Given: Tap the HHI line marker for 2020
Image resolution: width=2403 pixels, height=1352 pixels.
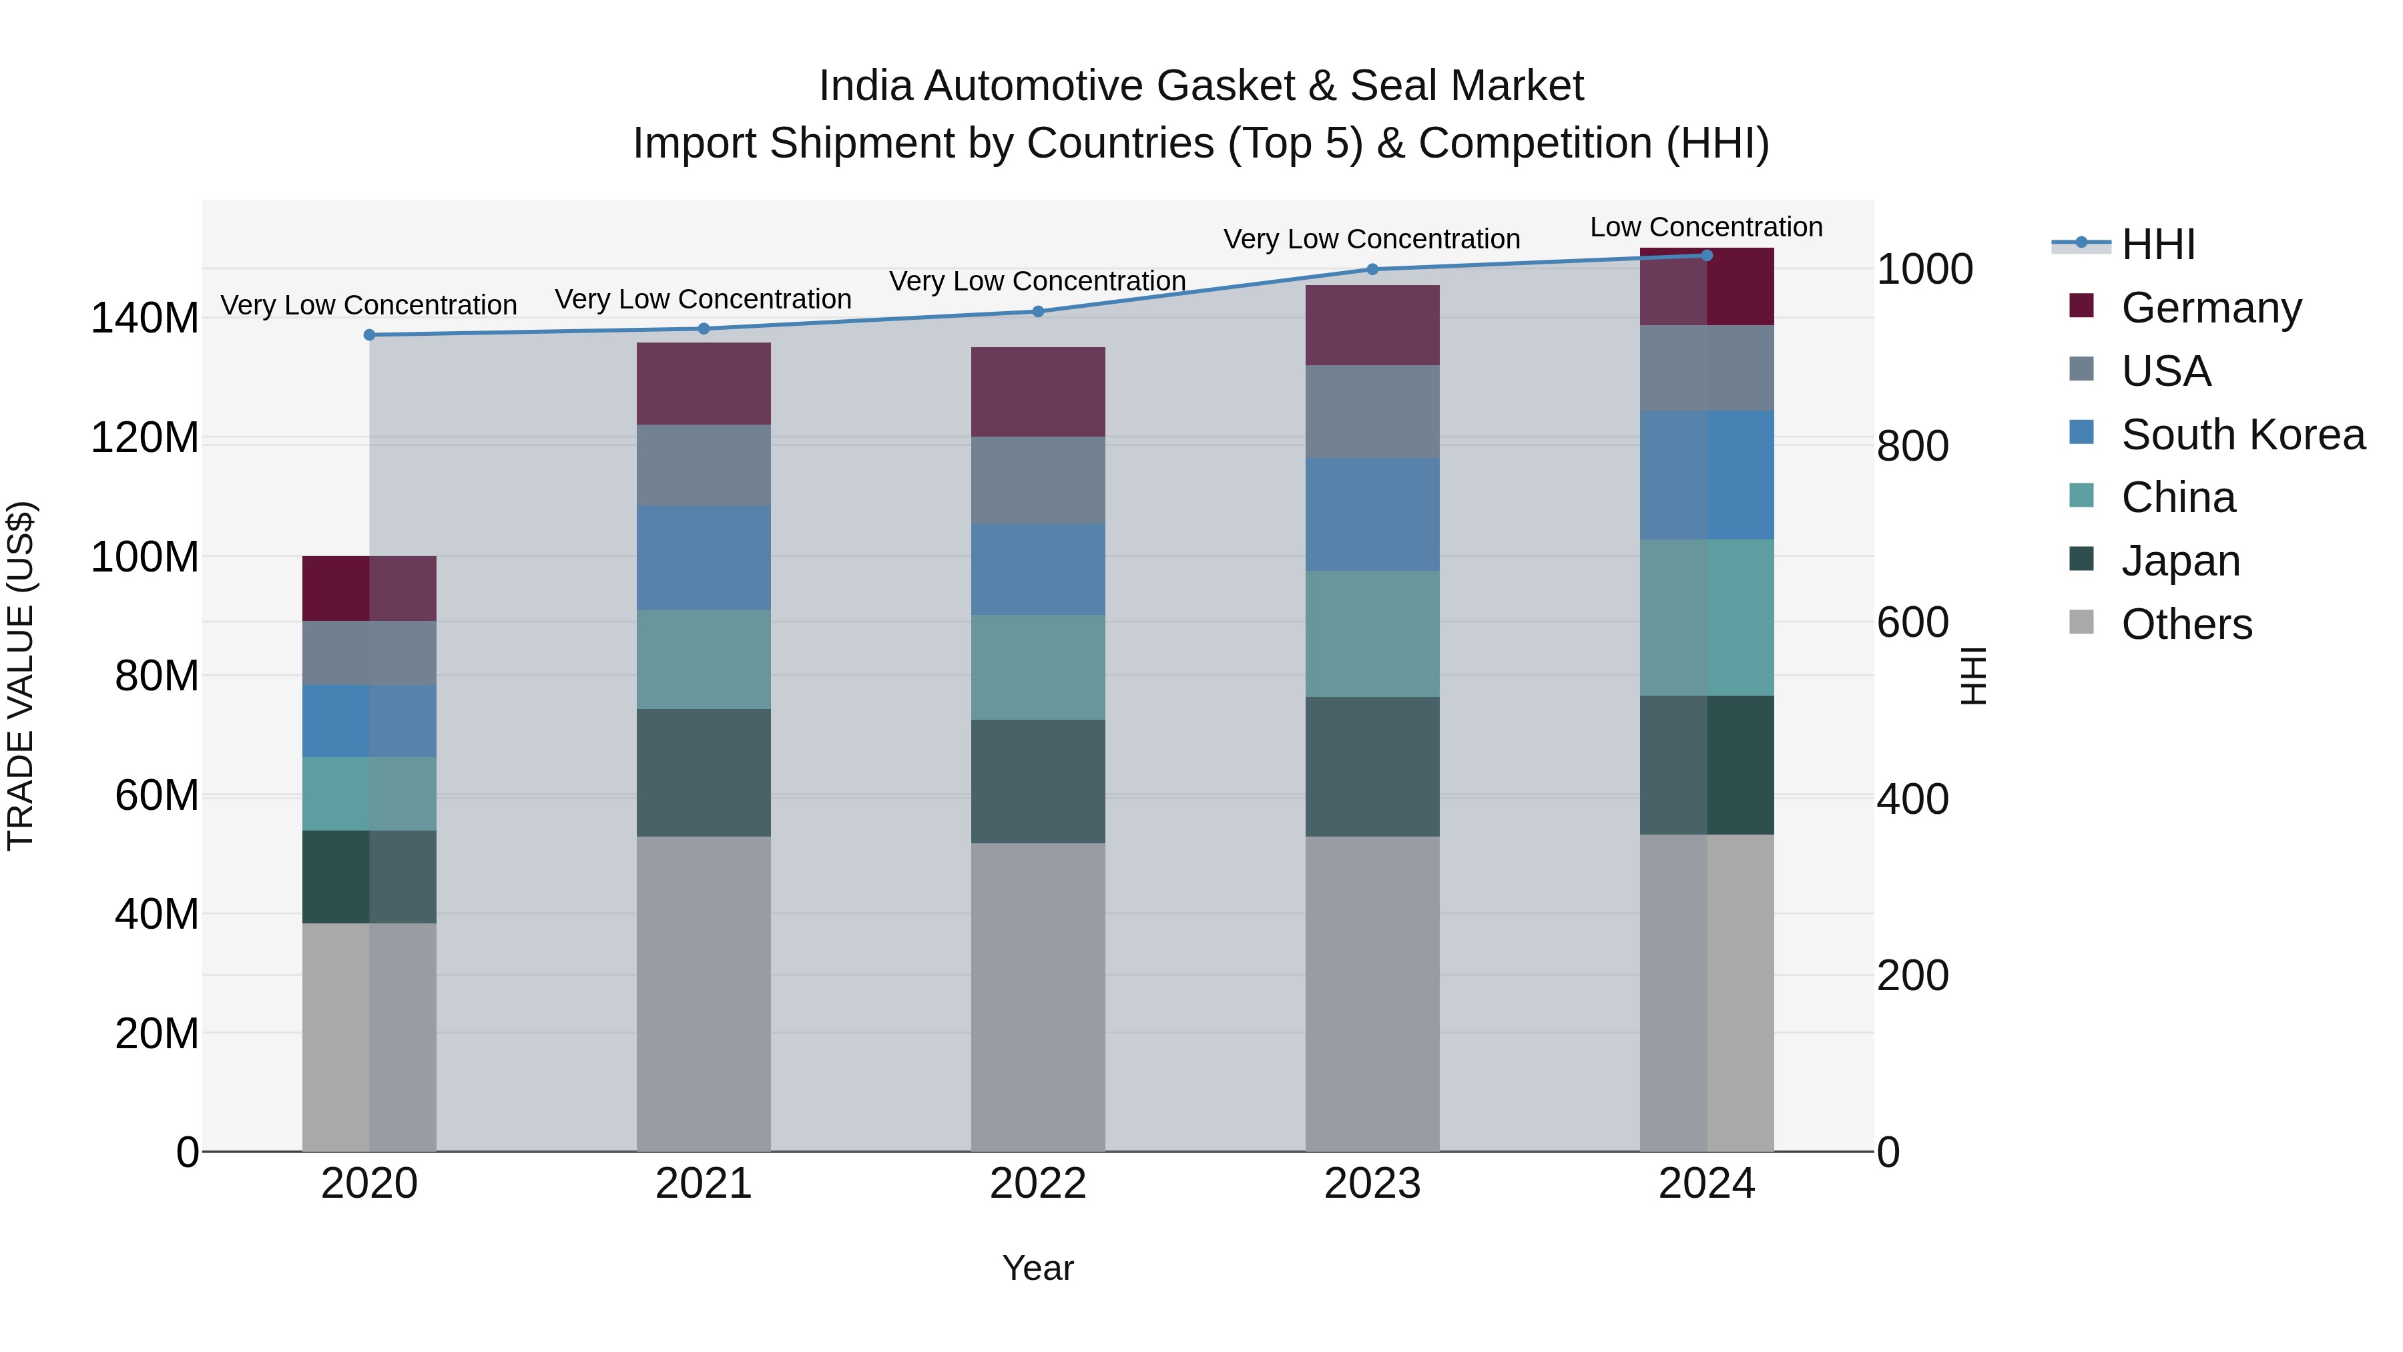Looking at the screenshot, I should click(x=368, y=335).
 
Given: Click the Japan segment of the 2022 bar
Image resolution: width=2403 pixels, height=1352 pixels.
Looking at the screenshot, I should click(x=1037, y=781).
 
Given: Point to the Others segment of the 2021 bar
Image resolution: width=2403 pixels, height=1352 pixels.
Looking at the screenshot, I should click(x=704, y=993).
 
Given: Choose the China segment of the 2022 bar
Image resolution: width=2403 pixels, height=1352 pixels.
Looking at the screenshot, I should click(x=1037, y=666).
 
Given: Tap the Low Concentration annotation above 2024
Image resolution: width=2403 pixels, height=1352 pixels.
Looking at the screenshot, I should click(x=1705, y=227).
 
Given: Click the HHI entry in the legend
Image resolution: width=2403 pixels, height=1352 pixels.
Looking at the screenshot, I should click(x=2157, y=244).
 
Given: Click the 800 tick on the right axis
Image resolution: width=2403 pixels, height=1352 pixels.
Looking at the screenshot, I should click(x=1912, y=446).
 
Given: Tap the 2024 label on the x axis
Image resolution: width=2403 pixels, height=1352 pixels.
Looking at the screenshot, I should click(x=1705, y=1184).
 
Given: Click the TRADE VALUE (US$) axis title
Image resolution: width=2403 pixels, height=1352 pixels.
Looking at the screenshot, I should click(x=21, y=676).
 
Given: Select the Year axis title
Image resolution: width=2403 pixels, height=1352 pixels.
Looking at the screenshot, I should click(x=1037, y=1268).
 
